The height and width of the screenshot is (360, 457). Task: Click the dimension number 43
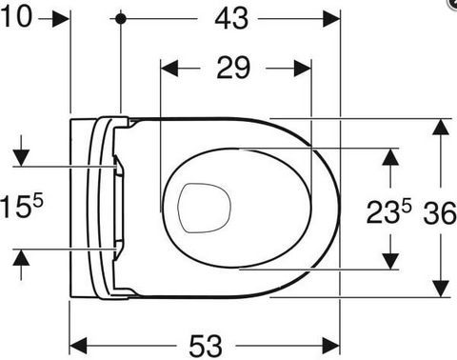point(231,19)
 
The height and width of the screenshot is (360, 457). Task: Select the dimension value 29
point(233,68)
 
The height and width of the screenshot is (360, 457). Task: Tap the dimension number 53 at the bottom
point(206,346)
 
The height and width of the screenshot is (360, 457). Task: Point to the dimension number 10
point(16,16)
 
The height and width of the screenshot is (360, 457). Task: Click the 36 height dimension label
point(440,213)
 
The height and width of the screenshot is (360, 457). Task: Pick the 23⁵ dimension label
point(388,211)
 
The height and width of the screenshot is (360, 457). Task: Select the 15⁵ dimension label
point(22,207)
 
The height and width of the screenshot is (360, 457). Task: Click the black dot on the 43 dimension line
point(121,19)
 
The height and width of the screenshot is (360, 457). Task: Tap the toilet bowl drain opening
point(204,208)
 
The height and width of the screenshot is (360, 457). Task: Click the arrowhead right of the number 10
point(61,19)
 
